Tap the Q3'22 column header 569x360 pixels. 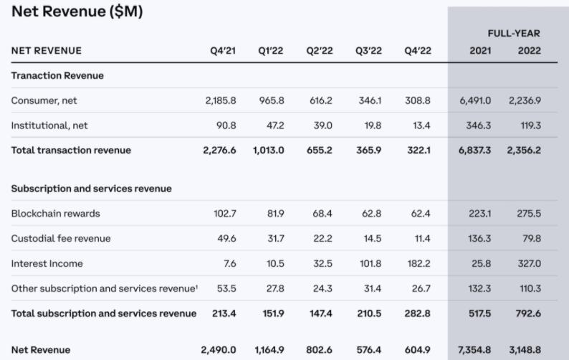click(368, 51)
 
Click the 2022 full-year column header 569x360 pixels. click(529, 51)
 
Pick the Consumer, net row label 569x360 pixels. click(44, 100)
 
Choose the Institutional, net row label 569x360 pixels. click(49, 125)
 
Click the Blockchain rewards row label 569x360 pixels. click(56, 214)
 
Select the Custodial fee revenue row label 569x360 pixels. click(62, 238)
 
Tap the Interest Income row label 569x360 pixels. click(47, 263)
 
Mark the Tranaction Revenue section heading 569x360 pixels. click(57, 76)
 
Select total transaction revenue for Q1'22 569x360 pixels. click(269, 151)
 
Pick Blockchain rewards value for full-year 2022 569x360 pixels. click(529, 214)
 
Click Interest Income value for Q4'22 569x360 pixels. click(418, 263)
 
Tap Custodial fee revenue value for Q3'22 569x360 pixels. click(370, 238)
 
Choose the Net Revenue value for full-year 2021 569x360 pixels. click(474, 350)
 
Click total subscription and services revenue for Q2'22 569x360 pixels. click(320, 313)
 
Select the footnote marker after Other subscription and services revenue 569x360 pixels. click(197, 286)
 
